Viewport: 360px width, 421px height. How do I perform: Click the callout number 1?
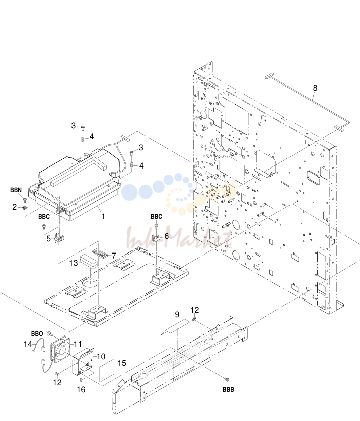(103, 216)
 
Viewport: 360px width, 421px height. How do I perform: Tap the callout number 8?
(315, 88)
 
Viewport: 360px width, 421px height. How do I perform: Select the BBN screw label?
(16, 190)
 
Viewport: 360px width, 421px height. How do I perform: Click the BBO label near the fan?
(37, 334)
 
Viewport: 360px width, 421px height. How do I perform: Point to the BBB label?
(228, 389)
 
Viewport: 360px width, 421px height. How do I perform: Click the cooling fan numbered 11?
(61, 349)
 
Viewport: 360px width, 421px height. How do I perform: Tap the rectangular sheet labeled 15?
(107, 371)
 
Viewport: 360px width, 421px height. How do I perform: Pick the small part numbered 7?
(100, 253)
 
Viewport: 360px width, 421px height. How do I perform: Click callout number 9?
(177, 315)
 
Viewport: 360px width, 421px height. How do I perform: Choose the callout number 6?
(167, 236)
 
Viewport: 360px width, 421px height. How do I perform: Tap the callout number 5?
(48, 239)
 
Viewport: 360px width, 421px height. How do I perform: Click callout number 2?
(14, 207)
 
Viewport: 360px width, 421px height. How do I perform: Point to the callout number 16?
(81, 390)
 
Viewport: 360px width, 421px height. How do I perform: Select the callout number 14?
(28, 344)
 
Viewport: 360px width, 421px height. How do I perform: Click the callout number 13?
(74, 263)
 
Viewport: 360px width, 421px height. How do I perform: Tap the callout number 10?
(101, 356)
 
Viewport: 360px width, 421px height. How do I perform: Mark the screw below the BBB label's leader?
(227, 379)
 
